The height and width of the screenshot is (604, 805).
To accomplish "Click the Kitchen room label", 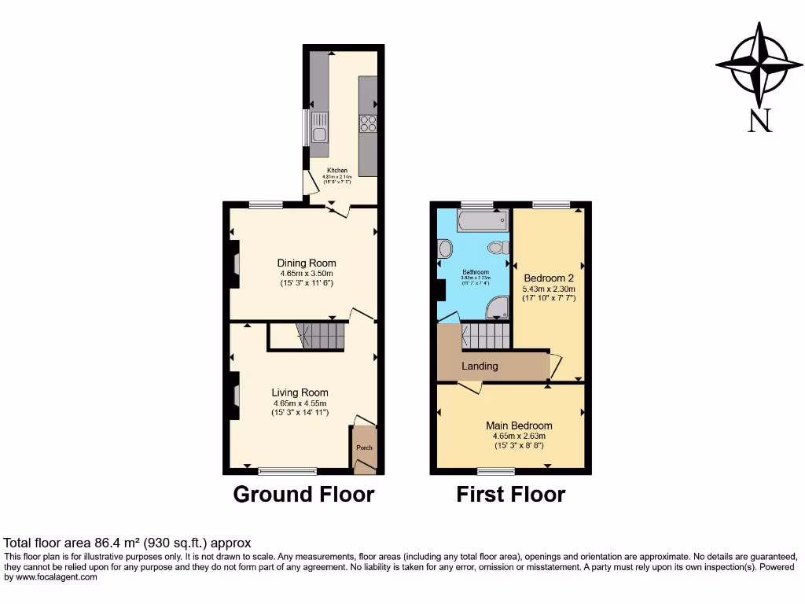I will tap(337, 171).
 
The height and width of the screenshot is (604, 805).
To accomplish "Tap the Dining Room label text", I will tap(306, 263).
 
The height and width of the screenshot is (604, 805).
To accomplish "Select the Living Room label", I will tap(300, 392).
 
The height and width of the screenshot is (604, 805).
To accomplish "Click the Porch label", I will tap(364, 447).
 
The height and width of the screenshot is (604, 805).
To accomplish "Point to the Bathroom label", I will tap(475, 272).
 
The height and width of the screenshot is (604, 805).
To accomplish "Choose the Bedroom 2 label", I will tap(549, 278).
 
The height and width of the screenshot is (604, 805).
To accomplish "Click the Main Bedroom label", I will tap(519, 425).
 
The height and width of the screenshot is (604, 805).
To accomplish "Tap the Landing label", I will tap(480, 366).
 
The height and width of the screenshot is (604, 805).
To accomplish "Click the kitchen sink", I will tap(319, 126).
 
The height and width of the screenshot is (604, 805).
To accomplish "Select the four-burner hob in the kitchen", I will tap(368, 123).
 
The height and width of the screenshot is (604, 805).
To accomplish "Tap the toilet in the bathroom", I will tap(496, 248).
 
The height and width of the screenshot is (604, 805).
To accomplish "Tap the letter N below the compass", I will tap(759, 120).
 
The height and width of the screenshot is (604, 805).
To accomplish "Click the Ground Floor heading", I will tap(303, 494).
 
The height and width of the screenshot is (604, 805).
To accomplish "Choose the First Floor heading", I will tap(511, 494).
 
